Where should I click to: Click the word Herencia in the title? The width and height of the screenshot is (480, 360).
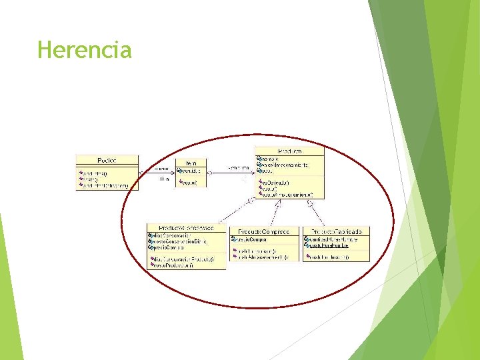point(85,50)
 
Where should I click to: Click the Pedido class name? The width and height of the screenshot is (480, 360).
point(107,160)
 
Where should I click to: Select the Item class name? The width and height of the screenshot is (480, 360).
point(191,163)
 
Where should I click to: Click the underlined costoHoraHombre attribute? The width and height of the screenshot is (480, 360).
point(329,245)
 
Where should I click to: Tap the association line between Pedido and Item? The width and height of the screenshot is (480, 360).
point(157,174)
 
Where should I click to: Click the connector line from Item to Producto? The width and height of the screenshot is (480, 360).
point(231,172)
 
